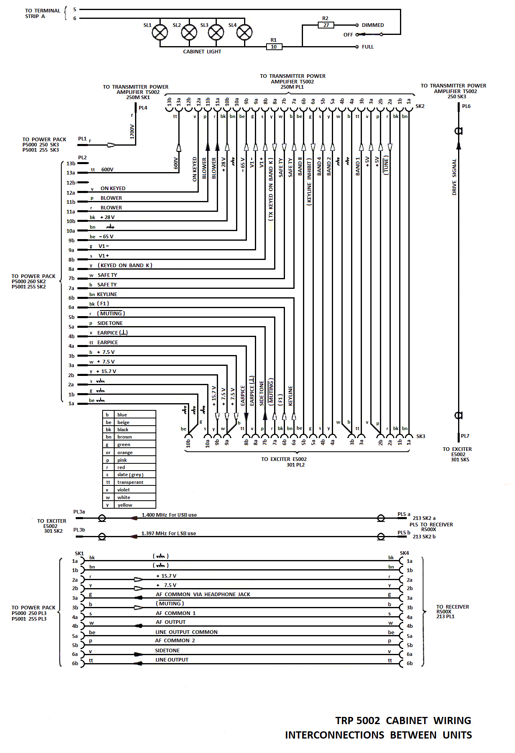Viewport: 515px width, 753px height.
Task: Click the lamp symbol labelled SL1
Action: pyautogui.click(x=160, y=32)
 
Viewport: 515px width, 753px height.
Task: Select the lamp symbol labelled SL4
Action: pyautogui.click(x=244, y=32)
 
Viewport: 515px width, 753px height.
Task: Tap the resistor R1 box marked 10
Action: pyautogui.click(x=274, y=47)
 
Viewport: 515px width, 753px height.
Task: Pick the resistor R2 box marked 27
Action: pyautogui.click(x=326, y=25)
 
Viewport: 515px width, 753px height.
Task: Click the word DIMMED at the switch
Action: pyautogui.click(x=373, y=25)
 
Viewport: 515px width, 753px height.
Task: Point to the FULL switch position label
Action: pyautogui.click(x=368, y=47)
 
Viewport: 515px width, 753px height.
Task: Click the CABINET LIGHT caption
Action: pyautogui.click(x=202, y=52)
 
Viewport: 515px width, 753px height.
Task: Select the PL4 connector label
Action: pyautogui.click(x=143, y=108)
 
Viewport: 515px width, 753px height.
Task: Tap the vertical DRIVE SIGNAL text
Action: pyautogui.click(x=454, y=177)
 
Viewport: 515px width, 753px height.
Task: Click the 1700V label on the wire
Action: pyautogui.click(x=132, y=132)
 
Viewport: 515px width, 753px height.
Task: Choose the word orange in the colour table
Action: pyautogui.click(x=125, y=453)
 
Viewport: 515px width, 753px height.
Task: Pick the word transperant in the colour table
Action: pyautogui.click(x=130, y=482)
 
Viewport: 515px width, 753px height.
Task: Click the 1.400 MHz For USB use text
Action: pyautogui.click(x=169, y=515)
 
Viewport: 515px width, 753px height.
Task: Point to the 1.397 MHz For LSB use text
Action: pyautogui.click(x=169, y=534)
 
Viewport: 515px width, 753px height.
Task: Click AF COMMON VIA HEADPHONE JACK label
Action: pyautogui.click(x=203, y=595)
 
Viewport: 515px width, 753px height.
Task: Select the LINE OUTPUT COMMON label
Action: pyautogui.click(x=186, y=632)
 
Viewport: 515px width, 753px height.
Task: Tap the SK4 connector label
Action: pyautogui.click(x=404, y=553)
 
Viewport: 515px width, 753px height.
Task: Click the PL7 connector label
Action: pyautogui.click(x=465, y=436)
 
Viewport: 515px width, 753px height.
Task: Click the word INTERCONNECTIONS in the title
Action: pyautogui.click(x=335, y=735)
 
